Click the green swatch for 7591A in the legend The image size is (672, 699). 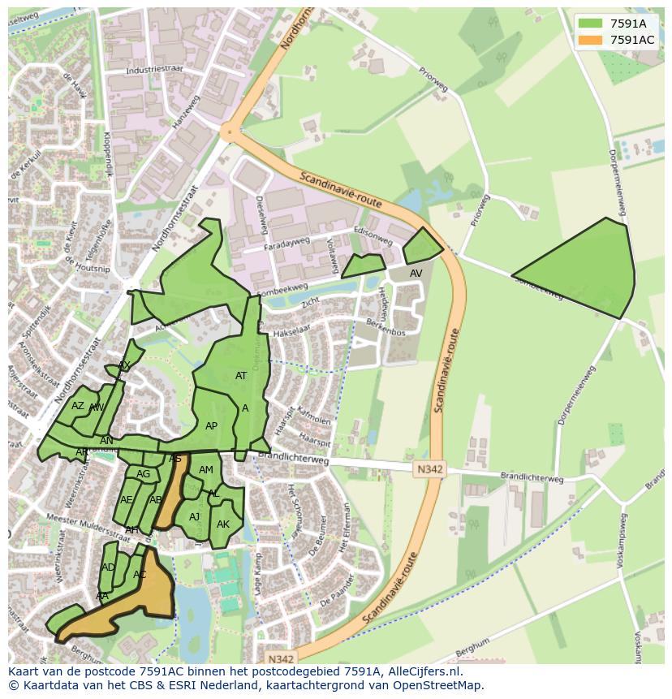592,24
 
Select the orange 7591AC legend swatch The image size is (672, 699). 592,40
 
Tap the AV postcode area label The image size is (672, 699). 416,274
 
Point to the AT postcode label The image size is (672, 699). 241,376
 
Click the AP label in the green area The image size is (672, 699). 211,426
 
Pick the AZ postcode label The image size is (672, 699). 78,406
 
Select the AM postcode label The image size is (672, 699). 206,470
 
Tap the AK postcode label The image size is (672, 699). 223,524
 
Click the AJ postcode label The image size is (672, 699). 194,517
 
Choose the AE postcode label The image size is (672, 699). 126,500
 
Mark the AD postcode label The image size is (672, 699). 108,567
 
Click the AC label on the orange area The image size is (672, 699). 140,575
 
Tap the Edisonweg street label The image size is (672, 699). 373,235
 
